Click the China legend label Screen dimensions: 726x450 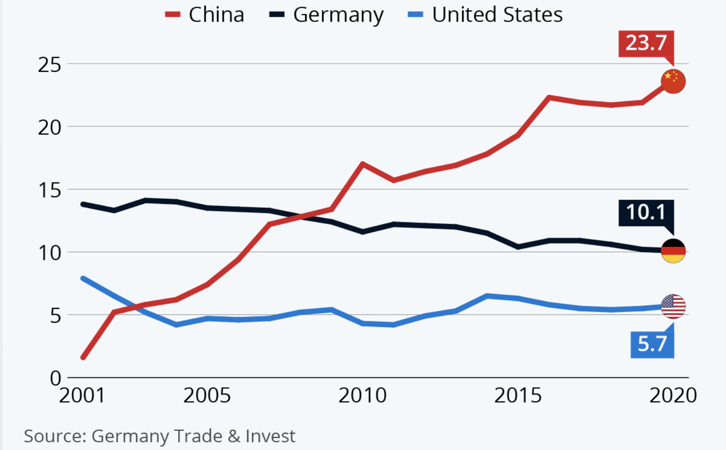point(216,15)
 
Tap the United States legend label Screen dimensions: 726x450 point(497,15)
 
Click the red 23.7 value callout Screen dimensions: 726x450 point(646,44)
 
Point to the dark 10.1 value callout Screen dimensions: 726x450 point(646,213)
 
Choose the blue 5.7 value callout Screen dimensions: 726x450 point(652,344)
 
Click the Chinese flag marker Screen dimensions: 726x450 point(673,81)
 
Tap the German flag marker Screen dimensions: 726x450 point(673,251)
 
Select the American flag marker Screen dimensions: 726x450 point(673,306)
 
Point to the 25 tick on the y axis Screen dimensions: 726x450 point(49,65)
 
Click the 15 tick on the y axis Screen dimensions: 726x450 point(49,190)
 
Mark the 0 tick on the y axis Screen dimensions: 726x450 point(56,378)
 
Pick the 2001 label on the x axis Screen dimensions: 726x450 point(82,395)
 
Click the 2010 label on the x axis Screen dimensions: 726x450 point(363,395)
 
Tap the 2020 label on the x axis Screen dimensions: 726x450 point(673,395)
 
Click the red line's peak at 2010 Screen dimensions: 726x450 point(363,164)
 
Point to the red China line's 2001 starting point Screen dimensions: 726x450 point(83,358)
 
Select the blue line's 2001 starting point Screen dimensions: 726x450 point(83,278)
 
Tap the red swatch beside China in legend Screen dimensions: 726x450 point(172,14)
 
